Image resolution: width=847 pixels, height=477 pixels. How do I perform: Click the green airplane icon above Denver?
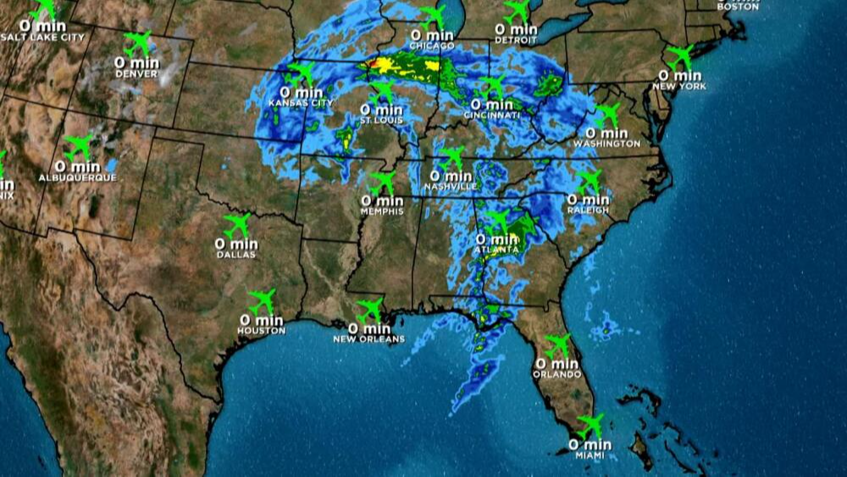[x=137, y=42]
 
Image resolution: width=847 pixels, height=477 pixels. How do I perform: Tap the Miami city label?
[x=590, y=456]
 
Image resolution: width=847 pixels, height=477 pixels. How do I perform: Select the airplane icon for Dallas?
[x=237, y=225]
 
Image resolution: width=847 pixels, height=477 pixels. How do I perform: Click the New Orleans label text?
[x=369, y=339]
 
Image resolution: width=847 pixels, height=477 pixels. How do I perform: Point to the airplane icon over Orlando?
[x=558, y=346]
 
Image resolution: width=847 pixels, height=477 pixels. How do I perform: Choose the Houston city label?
[x=261, y=330]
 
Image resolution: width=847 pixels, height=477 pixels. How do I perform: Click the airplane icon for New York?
[x=680, y=57]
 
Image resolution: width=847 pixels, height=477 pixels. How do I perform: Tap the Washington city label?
[x=606, y=144]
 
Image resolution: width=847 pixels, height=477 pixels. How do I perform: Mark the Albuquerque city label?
[x=77, y=178]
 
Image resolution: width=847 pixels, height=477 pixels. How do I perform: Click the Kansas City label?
[x=300, y=103]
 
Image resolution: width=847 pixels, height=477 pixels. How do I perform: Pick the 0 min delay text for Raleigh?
[x=589, y=199]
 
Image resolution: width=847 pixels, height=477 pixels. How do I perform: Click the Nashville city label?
[x=452, y=186]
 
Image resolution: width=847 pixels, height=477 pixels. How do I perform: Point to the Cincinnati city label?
[x=491, y=114]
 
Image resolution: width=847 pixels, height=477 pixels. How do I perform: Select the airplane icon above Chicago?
[x=433, y=15]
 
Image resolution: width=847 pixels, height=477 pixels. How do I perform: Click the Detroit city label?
[x=516, y=41]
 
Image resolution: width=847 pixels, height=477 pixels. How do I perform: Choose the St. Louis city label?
[x=381, y=120]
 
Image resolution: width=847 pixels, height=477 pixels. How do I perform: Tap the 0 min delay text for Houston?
[x=261, y=320]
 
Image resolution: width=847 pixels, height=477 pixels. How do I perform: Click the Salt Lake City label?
[x=43, y=37]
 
